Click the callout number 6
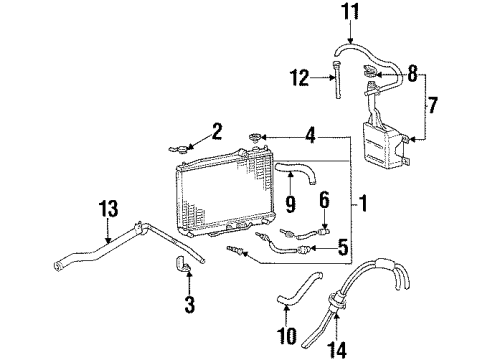pyautogui.click(x=297, y=199)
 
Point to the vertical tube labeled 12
pyautogui.click(x=337, y=81)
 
